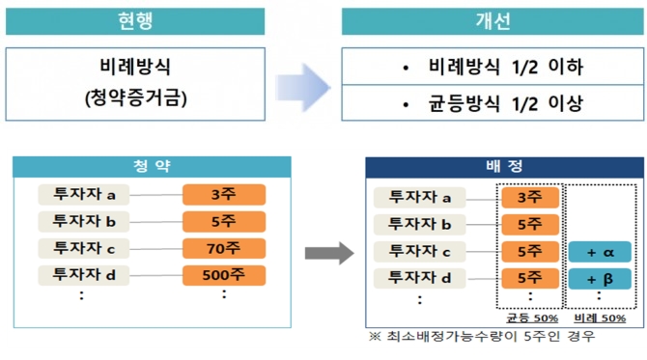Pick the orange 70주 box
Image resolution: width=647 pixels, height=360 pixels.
pos(224,248)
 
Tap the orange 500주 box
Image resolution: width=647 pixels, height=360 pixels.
pos(224,275)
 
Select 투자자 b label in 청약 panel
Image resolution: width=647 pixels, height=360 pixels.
pos(84,221)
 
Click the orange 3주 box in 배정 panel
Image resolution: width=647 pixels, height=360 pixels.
pos(529,198)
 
